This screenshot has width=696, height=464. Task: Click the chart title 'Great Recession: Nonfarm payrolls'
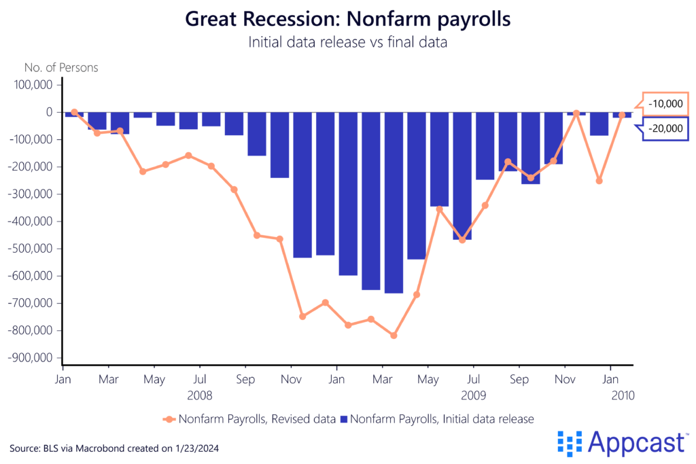click(347, 19)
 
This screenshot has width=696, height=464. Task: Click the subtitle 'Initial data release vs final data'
click(347, 42)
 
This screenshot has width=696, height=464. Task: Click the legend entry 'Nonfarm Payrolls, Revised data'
click(249, 419)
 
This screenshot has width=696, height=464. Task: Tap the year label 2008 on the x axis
click(199, 395)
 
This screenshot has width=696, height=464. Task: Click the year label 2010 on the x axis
click(621, 395)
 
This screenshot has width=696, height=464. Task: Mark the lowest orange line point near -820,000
click(394, 336)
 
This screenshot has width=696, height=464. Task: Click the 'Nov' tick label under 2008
click(291, 378)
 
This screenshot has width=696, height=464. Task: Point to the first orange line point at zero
click(74, 112)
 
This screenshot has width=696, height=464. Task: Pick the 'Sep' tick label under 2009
click(519, 378)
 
